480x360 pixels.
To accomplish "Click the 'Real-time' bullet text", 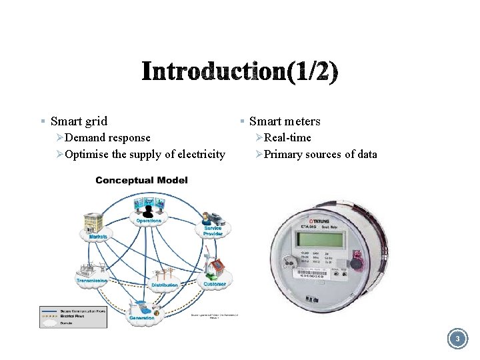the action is (x=287, y=138).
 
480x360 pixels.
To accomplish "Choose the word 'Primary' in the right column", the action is (x=283, y=155).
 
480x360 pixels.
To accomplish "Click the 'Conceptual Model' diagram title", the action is (x=141, y=180).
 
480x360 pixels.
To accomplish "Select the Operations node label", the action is (x=148, y=221).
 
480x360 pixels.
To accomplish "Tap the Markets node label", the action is (x=97, y=236).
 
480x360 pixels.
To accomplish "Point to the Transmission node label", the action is (x=92, y=281).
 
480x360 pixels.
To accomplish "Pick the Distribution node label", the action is (x=164, y=285).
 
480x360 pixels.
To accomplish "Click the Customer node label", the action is (x=215, y=284).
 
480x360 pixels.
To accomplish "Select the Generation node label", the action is (x=141, y=318).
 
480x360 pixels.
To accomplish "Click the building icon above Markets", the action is (x=93, y=223).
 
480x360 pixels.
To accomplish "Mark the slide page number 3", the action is (x=457, y=340).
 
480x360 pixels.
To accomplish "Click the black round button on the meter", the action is (x=356, y=264).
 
